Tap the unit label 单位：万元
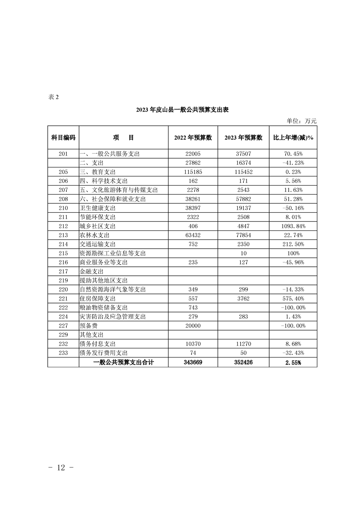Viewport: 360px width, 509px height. click(301, 121)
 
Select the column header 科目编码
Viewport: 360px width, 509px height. click(63, 138)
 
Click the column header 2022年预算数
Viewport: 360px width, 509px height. click(193, 138)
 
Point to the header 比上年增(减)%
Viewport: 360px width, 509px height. click(293, 138)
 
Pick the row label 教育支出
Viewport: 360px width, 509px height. click(98, 172)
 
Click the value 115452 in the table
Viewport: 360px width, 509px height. click(243, 172)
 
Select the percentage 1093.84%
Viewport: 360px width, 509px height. click(293, 226)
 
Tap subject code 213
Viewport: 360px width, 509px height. click(63, 235)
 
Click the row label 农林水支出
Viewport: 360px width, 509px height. click(95, 235)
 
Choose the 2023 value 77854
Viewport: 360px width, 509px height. click(243, 235)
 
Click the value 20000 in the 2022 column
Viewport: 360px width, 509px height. click(193, 325)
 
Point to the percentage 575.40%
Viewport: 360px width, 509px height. click(293, 299)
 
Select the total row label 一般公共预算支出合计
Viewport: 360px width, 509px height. click(123, 362)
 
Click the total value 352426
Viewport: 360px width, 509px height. click(243, 362)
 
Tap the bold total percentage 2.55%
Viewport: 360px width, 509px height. click(293, 362)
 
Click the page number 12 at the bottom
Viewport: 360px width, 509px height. click(62, 468)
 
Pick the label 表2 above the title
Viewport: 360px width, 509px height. click(53, 97)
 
